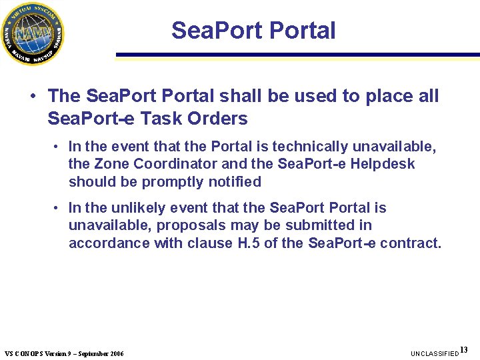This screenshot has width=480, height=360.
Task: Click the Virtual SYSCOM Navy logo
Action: click(x=33, y=33)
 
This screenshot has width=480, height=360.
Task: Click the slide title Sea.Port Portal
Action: click(x=253, y=31)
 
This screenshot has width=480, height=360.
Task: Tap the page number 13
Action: click(x=464, y=350)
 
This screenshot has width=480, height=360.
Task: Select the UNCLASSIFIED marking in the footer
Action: click(x=435, y=353)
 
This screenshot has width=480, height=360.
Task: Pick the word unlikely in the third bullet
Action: click(x=147, y=208)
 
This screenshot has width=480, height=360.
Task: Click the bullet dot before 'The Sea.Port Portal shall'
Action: click(x=33, y=97)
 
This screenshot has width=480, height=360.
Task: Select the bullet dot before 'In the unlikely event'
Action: click(x=59, y=209)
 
